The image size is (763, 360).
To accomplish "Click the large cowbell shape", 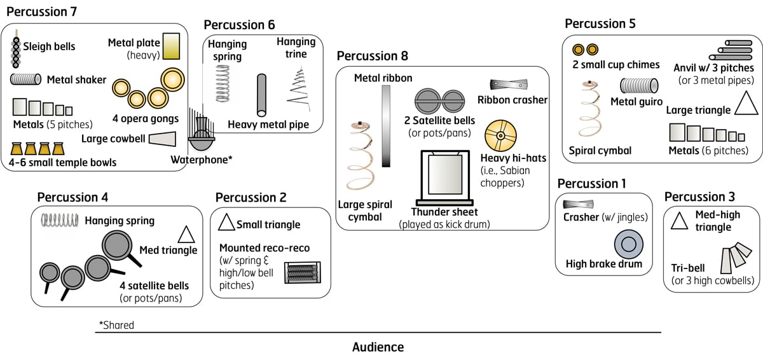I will coord(163,138).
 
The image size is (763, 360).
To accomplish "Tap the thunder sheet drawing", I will coord(440,174).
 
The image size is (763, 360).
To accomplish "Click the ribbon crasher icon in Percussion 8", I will coord(510,85).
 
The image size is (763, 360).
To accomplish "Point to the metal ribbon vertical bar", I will coord(385,126).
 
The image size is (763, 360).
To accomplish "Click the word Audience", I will coord(378,347).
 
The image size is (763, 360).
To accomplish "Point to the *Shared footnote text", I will coord(116,325).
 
